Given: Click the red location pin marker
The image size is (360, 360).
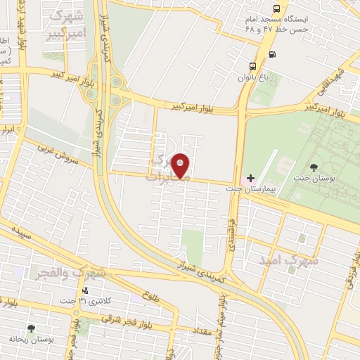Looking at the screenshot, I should tap(181, 165).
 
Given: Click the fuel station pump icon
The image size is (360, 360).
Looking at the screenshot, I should tap(272, 54).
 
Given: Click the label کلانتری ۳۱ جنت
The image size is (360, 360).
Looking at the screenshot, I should tap(105, 302).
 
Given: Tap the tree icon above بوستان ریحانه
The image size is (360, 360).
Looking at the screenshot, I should tap(30, 328).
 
